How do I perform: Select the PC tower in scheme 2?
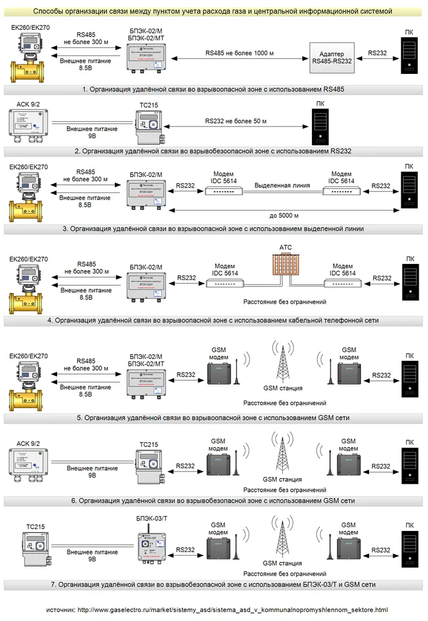pos(320,127)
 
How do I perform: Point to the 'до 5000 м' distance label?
pos(284,215)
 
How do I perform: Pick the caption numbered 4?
pos(214,320)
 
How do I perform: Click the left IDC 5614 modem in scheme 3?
pos(223,191)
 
